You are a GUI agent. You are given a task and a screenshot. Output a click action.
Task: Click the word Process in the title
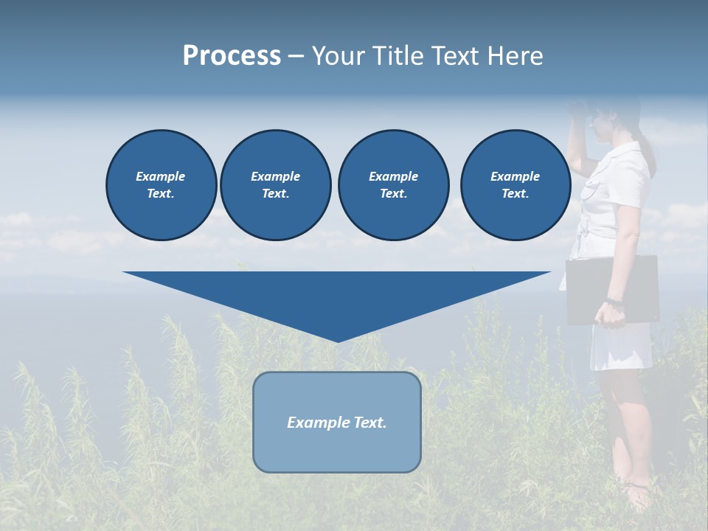tap(232, 56)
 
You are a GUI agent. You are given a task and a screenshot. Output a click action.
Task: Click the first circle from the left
tap(161, 185)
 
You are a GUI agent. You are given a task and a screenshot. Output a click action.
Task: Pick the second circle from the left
tap(275, 185)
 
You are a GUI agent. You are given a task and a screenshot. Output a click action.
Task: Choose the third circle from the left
tap(393, 185)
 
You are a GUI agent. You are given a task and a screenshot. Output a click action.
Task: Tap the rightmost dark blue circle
tap(515, 185)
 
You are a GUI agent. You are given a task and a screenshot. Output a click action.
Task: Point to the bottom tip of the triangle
tap(337, 340)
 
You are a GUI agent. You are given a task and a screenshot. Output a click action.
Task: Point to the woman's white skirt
tap(621, 347)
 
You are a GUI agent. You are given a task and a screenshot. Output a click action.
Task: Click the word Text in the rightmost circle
tap(515, 194)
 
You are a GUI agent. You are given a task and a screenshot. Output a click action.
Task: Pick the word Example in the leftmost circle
tap(161, 176)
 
